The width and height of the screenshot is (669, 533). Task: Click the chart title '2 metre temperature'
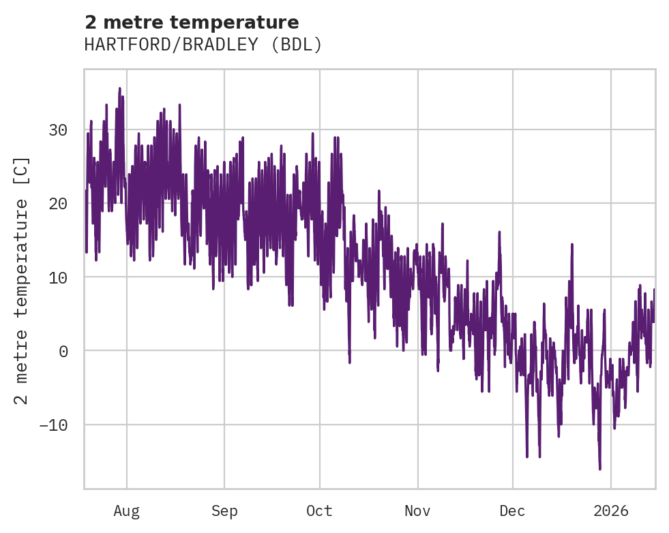coord(192,22)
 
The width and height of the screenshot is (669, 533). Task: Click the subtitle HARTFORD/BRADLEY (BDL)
coord(203,45)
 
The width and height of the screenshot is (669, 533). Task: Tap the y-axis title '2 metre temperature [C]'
coord(22,280)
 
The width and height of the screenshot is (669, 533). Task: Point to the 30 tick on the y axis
coord(59,130)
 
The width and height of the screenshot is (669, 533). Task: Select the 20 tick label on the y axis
coord(59,203)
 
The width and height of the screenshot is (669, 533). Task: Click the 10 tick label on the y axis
coord(59,277)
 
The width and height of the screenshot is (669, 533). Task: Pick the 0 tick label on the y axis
coord(64,351)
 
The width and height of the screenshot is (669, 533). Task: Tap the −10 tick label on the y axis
coord(54,425)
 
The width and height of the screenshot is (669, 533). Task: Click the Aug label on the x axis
coord(126,511)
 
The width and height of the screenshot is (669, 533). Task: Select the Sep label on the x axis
coord(224,511)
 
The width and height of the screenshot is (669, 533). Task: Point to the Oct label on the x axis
coord(319,511)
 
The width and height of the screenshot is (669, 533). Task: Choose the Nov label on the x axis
coord(417,511)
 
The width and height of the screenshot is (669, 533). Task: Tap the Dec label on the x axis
coord(512,511)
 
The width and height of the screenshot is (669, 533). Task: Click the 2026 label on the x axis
coord(611,511)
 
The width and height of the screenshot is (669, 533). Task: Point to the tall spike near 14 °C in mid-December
coord(571,244)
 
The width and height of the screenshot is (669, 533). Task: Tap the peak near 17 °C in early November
coord(442,224)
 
